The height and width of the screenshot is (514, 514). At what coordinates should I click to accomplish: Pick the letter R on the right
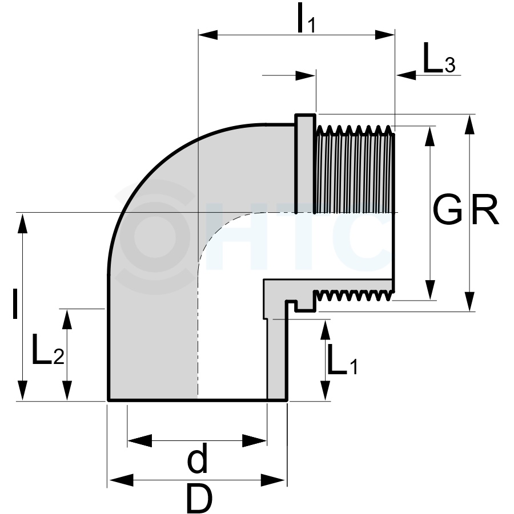click(485, 209)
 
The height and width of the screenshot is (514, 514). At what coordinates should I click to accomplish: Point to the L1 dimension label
click(342, 359)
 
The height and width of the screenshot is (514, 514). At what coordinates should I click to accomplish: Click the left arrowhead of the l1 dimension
click(208, 35)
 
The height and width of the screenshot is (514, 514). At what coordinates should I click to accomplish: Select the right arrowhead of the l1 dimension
click(385, 35)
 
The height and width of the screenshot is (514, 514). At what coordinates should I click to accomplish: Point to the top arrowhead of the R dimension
click(470, 124)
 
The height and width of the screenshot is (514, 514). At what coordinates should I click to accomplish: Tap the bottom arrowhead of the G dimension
click(430, 290)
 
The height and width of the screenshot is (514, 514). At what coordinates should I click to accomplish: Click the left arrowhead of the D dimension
click(122, 480)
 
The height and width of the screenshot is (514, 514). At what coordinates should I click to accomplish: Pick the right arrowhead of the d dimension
click(254, 440)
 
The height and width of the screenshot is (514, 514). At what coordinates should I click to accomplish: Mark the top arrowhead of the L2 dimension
click(67, 319)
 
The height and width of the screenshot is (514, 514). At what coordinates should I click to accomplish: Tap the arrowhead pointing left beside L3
click(406, 75)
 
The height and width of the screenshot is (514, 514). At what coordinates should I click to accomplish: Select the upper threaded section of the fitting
click(355, 169)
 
